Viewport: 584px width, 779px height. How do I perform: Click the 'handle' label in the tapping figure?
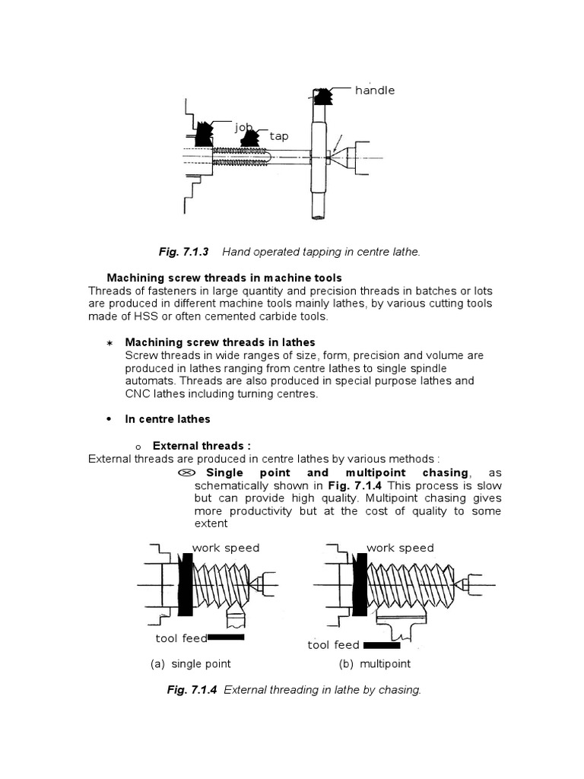pyautogui.click(x=375, y=91)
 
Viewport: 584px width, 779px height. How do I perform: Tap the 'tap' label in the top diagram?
pyautogui.click(x=279, y=137)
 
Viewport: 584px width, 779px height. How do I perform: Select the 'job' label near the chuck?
pyautogui.click(x=243, y=127)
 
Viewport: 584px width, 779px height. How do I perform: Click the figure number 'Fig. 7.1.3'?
pyautogui.click(x=185, y=251)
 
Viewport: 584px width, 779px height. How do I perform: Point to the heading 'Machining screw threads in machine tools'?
pyautogui.click(x=224, y=278)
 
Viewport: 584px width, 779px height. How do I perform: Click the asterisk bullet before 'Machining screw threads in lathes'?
pyautogui.click(x=108, y=343)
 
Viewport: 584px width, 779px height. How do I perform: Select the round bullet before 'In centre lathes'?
pyautogui.click(x=109, y=419)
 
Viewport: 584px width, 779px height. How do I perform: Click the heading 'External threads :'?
pyautogui.click(x=202, y=446)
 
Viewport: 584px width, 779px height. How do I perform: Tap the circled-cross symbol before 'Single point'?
pyautogui.click(x=185, y=472)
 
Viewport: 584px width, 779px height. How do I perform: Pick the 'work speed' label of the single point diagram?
pyautogui.click(x=226, y=548)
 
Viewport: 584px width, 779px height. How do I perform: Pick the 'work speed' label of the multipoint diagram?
pyautogui.click(x=400, y=548)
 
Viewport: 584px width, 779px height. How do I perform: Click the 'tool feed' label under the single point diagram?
pyautogui.click(x=181, y=638)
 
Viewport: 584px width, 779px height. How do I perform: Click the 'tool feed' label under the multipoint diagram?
pyautogui.click(x=333, y=645)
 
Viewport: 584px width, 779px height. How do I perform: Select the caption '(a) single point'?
pyautogui.click(x=191, y=664)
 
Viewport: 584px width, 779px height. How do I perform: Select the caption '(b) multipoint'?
pyautogui.click(x=374, y=664)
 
